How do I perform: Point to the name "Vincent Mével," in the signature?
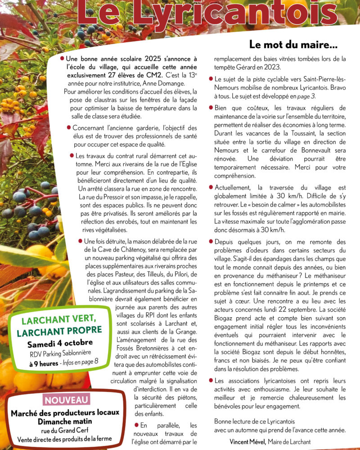[247, 441]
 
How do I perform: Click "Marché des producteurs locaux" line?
[65, 412]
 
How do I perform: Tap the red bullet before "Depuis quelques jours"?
[211, 242]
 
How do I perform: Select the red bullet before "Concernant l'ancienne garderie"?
[69, 128]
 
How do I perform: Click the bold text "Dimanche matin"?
[65, 421]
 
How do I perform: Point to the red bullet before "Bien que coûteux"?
[211, 108]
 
